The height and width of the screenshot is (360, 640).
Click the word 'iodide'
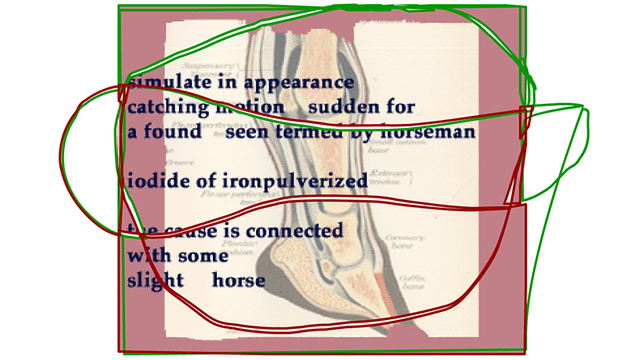(155, 180)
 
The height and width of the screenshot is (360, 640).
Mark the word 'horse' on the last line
(238, 281)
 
